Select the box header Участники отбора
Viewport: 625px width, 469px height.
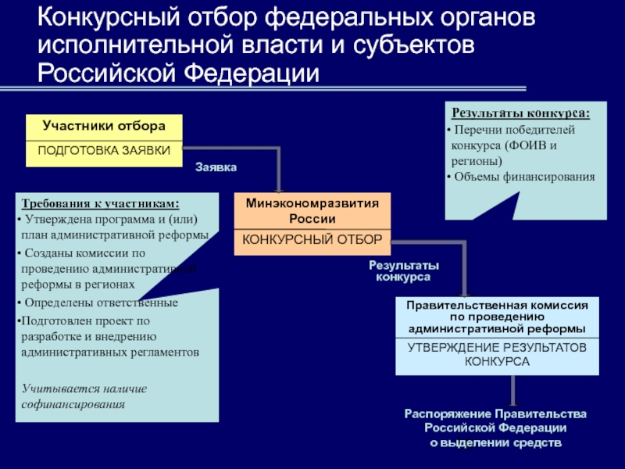coord(104,126)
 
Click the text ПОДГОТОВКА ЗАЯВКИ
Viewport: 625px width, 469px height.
coord(104,149)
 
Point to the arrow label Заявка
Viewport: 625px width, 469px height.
coord(216,167)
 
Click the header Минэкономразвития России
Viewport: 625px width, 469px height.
coord(312,210)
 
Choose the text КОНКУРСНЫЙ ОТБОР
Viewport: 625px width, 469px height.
coord(312,239)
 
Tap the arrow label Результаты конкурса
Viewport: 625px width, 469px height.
coord(404,271)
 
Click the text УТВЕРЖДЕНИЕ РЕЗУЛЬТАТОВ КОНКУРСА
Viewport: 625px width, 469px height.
coord(497,355)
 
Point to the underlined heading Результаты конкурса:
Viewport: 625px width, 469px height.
coord(521,113)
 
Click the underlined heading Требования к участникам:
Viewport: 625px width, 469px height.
coord(100,204)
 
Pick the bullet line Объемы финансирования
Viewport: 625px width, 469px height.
coord(523,177)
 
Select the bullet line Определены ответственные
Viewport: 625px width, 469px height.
coord(99,303)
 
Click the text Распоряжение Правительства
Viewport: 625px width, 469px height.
coord(495,414)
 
